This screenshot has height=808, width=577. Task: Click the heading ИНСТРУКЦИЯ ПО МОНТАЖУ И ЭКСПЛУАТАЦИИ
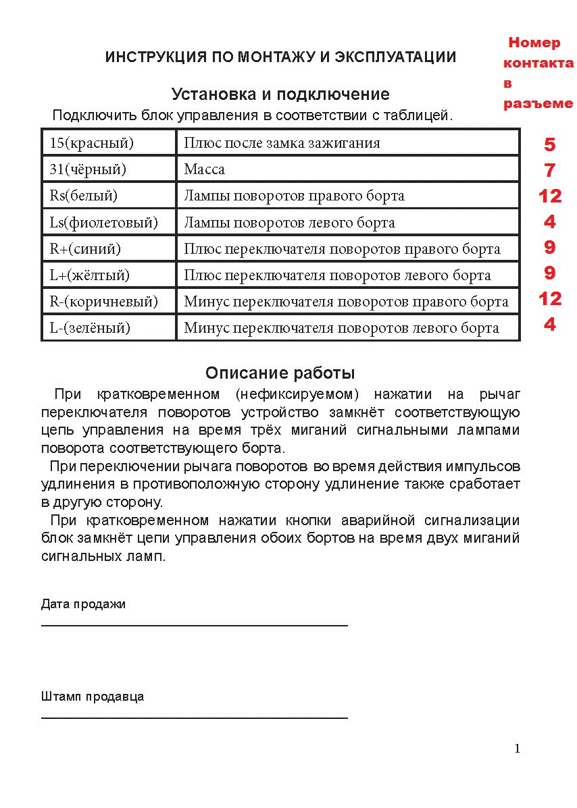click(280, 57)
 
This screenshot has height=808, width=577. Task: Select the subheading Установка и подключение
click(280, 94)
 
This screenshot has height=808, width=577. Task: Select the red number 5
click(549, 144)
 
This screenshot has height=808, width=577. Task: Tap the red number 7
click(549, 170)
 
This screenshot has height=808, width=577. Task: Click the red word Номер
click(534, 43)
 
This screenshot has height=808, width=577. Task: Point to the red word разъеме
click(538, 104)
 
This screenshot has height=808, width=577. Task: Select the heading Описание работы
click(280, 373)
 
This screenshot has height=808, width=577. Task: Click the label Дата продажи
click(83, 604)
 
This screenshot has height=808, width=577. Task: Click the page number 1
click(517, 748)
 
